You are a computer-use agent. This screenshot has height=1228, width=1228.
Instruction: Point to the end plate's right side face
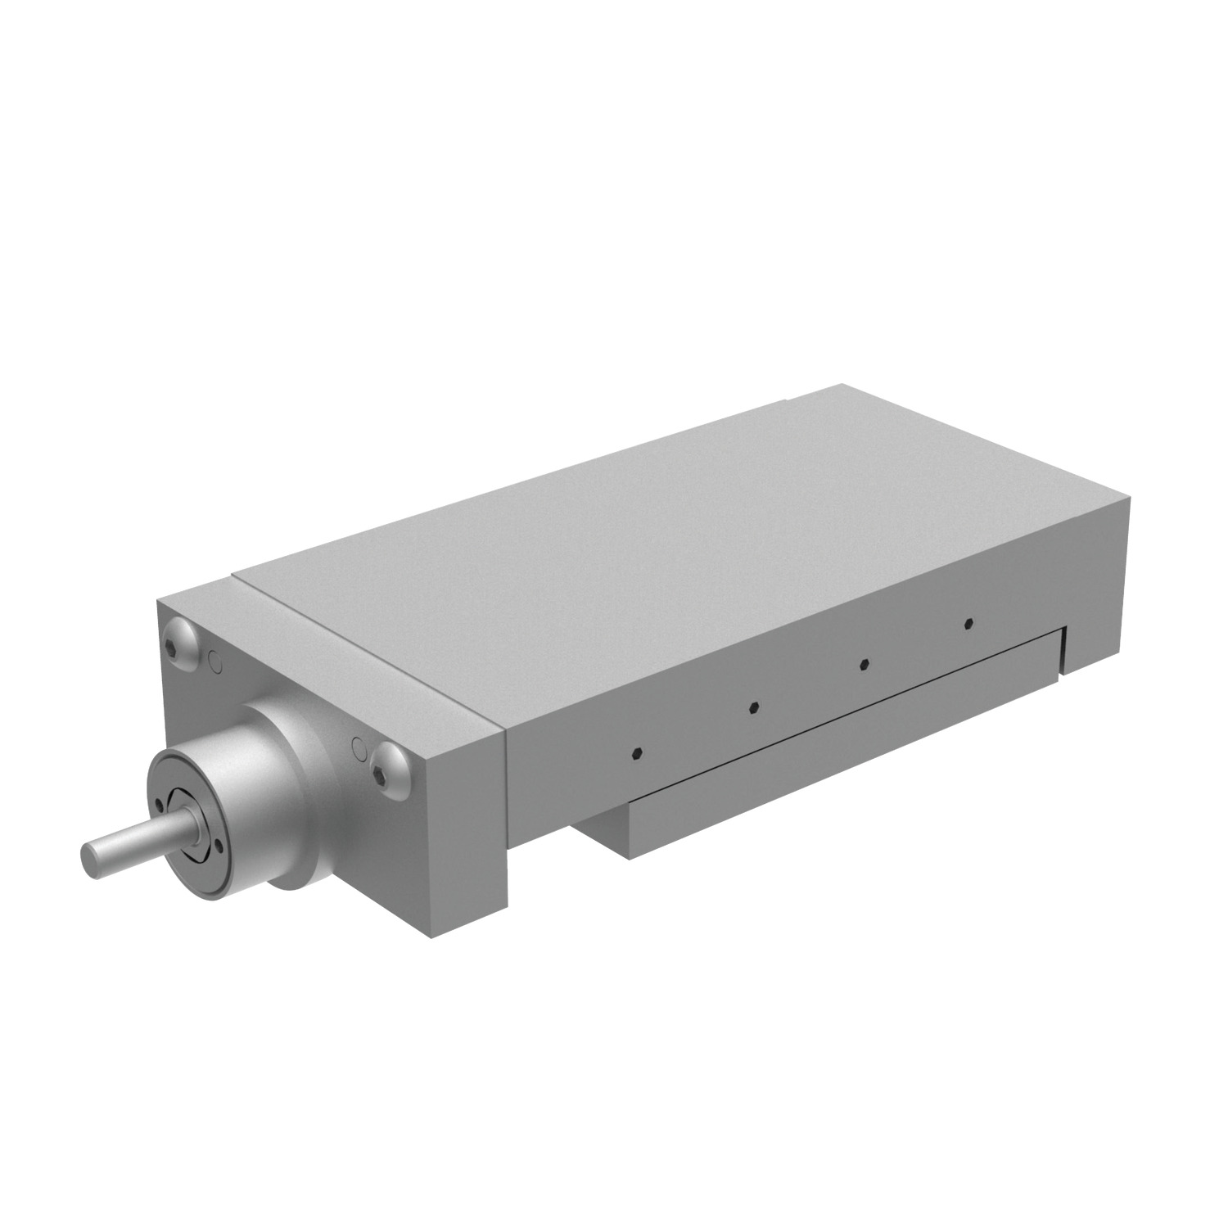point(467,827)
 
